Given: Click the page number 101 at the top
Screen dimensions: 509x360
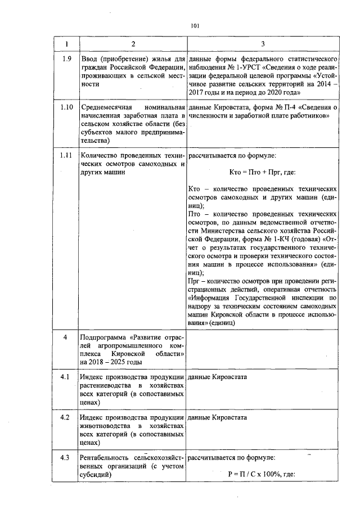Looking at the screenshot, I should pos(195,25).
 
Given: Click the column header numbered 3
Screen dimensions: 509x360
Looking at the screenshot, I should pos(263,44).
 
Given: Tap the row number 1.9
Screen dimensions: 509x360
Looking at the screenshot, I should pos(66,58).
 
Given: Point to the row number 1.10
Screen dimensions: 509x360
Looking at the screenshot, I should pos(66,107).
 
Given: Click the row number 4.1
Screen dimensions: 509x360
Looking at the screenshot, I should pos(66,376).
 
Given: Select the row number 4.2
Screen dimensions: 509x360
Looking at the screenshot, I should pos(66,418).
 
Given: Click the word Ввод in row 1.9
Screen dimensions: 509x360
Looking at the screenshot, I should pos(90,58).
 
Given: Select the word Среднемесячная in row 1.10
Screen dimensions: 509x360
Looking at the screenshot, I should pos(106,107).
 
